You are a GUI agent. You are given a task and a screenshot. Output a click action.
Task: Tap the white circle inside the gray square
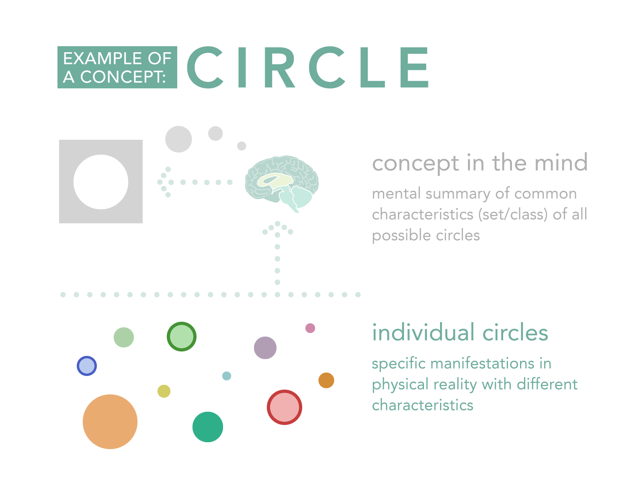tap(101, 182)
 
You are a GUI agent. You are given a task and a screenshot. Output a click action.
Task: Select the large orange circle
tap(110, 421)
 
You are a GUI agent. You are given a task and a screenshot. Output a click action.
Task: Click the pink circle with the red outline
tap(285, 407)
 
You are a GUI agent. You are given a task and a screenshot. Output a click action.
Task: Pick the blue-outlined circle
tap(87, 366)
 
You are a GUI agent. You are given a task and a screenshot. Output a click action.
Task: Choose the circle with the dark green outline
tap(182, 337)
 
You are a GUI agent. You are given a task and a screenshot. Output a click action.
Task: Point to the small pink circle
tap(310, 328)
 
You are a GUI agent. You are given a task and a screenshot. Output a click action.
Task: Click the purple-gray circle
tap(265, 348)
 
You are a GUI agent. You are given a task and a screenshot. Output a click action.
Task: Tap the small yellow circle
tap(164, 391)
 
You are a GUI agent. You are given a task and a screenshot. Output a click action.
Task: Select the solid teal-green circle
tap(208, 427)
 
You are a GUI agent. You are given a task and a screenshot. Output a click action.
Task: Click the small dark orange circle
tap(326, 380)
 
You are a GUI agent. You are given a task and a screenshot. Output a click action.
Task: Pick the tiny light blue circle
tap(227, 376)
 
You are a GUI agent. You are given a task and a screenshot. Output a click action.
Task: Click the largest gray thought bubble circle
tap(178, 139)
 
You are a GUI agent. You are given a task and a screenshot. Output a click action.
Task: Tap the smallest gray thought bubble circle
tap(242, 146)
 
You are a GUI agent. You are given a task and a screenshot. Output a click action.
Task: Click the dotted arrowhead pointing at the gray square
tap(164, 182)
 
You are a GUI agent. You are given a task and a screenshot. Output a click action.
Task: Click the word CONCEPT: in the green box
tap(123, 77)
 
